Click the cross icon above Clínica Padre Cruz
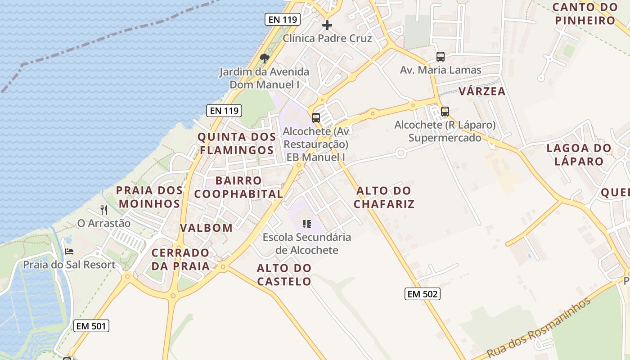(x=327, y=25)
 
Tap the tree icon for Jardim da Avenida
(x=265, y=58)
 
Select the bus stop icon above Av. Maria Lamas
(x=441, y=57)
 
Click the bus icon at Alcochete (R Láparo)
(x=445, y=111)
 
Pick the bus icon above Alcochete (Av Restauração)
(x=316, y=118)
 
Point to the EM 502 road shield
(x=422, y=294)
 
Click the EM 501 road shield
(x=91, y=326)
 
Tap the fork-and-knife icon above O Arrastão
(x=104, y=210)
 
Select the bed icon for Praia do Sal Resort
(x=69, y=251)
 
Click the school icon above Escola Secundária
(x=307, y=224)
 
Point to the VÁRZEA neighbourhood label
(x=482, y=91)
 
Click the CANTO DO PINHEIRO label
(x=585, y=13)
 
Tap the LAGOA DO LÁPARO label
(x=579, y=154)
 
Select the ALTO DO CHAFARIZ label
(x=384, y=197)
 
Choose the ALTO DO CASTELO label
(x=284, y=274)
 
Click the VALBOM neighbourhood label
(x=206, y=228)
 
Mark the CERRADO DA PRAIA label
(x=180, y=259)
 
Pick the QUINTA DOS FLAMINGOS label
(x=237, y=143)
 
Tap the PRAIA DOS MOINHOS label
(x=149, y=197)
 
